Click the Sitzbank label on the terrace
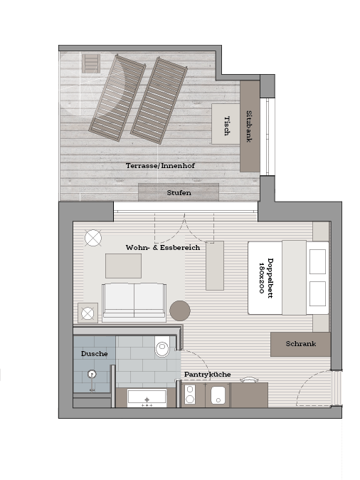249,126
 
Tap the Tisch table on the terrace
226,124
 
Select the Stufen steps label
179,193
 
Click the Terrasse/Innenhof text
160,166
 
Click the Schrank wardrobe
300,344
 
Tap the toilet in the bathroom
162,347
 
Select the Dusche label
94,353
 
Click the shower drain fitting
92,374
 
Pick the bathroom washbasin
147,398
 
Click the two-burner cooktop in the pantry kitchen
190,395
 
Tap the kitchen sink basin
218,395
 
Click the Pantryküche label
207,375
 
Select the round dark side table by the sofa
180,311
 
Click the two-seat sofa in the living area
134,303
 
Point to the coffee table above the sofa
123,266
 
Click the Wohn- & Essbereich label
163,247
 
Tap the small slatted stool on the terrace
91,63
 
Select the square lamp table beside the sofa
88,313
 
